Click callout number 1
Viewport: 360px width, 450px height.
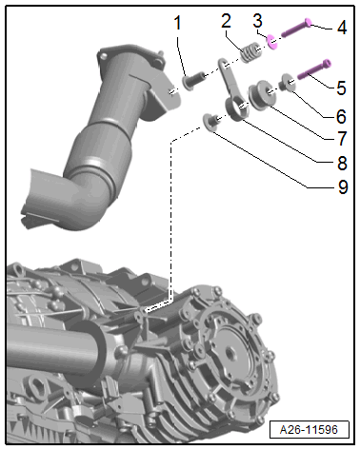177,23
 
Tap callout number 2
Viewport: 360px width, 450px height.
226,21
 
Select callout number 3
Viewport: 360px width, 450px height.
257,21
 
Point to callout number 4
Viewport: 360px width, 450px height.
342,28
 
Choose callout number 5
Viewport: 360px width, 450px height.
341,88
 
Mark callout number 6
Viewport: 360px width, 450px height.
341,117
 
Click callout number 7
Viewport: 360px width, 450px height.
342,139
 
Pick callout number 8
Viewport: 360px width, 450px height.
342,163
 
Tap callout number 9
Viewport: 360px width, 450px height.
343,186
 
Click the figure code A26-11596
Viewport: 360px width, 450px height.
309,430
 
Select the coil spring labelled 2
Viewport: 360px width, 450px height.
251,51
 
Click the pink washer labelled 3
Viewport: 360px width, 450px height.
272,42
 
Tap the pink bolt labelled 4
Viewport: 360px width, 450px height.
296,28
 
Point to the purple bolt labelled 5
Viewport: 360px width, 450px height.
314,69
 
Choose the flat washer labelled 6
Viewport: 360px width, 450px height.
289,83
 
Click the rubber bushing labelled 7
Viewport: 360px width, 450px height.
262,95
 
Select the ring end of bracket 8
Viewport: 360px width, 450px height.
237,109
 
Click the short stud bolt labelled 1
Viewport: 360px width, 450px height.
193,81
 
